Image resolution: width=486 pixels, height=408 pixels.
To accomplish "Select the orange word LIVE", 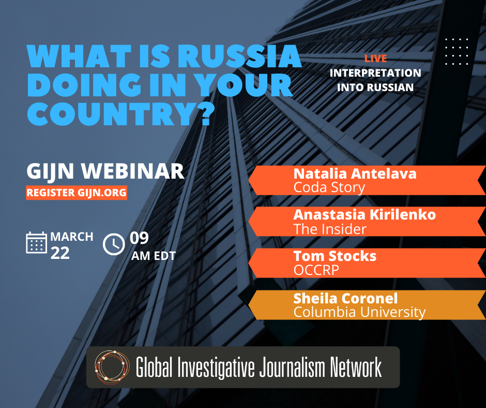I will [375, 59].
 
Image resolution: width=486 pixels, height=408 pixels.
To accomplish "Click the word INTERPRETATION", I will [375, 73].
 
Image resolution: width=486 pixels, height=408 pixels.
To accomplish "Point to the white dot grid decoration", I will [457, 51].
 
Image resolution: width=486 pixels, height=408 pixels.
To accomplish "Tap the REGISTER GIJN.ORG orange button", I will [77, 192].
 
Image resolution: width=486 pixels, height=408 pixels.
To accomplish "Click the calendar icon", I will [36, 243].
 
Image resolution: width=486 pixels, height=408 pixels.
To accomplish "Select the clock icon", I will [114, 244].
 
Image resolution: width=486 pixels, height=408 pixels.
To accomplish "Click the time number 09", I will [139, 238].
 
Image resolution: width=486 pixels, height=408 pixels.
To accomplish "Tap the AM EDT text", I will [154, 255].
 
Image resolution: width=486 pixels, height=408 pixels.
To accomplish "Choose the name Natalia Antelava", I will [355, 173].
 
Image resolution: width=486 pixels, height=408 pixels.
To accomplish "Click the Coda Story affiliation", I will [329, 187].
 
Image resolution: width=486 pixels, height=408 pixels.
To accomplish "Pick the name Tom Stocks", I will [335, 256].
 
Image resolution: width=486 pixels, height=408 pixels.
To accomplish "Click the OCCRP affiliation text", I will [316, 270].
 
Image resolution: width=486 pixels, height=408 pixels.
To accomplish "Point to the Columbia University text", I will [359, 312].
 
